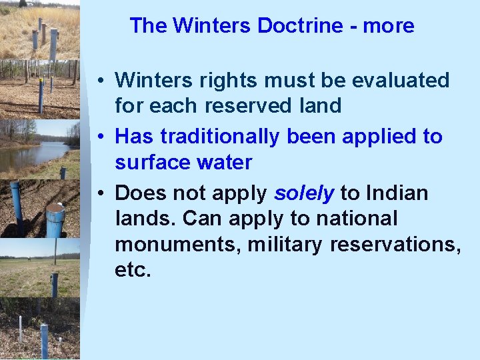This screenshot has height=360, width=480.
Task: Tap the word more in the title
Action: point(389,26)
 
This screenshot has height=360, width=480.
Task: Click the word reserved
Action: point(257,105)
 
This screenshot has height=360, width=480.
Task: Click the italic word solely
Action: point(303,193)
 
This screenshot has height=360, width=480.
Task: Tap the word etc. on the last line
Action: point(133,269)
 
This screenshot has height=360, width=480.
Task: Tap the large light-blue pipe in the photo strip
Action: point(55,220)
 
